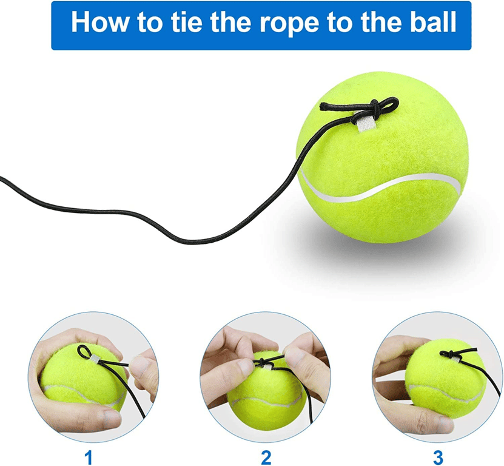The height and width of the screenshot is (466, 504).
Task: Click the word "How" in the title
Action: coord(99,22)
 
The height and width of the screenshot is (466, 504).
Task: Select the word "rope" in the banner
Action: coord(287,24)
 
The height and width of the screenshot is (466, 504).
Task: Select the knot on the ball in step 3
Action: coord(446,354)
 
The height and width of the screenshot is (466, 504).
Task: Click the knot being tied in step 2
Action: coord(264,362)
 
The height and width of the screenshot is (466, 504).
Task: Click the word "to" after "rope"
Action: coord(337,22)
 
